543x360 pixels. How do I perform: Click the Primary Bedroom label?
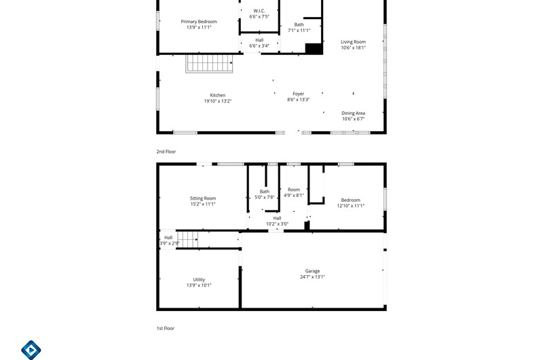[x=199, y=22]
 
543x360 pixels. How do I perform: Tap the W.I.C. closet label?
[x=259, y=11]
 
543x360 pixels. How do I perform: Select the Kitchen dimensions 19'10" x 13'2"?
[x=217, y=101]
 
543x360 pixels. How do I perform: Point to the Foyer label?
[x=298, y=94]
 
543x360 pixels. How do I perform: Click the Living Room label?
[x=353, y=42]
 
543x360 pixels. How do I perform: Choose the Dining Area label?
[x=353, y=113]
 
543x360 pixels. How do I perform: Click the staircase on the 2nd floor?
[x=209, y=63]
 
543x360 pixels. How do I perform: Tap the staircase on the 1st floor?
[x=188, y=239]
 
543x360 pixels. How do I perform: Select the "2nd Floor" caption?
[x=166, y=151]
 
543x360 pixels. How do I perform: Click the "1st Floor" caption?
[x=166, y=328]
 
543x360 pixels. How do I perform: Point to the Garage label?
[x=312, y=271]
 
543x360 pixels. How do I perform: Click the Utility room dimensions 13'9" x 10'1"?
[x=199, y=285]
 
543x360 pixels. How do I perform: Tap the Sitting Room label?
[x=203, y=198]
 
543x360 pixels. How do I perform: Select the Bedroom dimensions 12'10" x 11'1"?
[x=350, y=206]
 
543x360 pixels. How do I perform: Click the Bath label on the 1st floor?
[x=265, y=192]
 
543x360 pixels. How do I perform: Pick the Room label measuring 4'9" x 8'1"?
[x=294, y=190]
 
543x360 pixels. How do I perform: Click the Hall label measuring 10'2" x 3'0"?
[x=277, y=218]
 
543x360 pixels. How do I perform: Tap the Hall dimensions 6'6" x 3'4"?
[x=259, y=46]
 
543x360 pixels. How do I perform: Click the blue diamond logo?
[x=31, y=350]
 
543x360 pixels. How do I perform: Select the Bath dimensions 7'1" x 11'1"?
[x=299, y=31]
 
